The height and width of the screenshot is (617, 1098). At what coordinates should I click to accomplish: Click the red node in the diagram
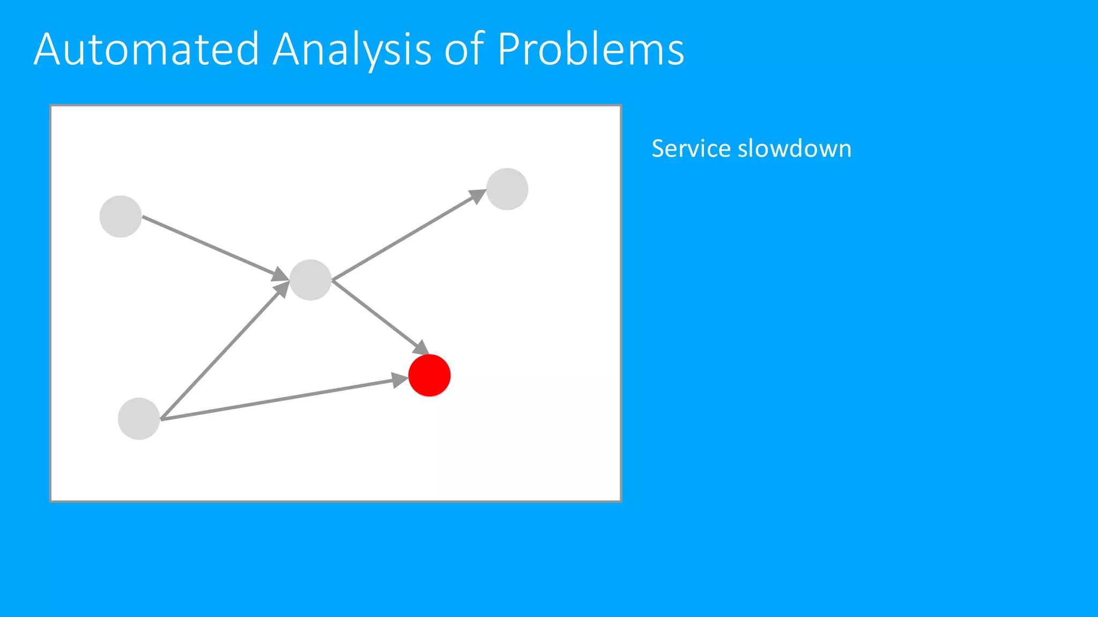pyautogui.click(x=429, y=375)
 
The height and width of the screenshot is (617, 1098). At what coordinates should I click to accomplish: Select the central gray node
pyautogui.click(x=310, y=280)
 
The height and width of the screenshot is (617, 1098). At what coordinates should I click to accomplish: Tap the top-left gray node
pyautogui.click(x=121, y=216)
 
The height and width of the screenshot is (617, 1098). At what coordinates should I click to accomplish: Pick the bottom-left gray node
pyautogui.click(x=139, y=419)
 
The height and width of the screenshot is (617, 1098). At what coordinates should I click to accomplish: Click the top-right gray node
pyautogui.click(x=507, y=189)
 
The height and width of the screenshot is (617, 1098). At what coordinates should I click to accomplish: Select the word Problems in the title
pyautogui.click(x=590, y=49)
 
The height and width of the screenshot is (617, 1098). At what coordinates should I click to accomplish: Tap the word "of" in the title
pyautogui.click(x=464, y=49)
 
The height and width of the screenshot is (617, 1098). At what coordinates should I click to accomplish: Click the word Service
pyautogui.click(x=691, y=148)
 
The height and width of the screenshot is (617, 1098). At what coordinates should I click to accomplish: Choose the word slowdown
pyautogui.click(x=795, y=148)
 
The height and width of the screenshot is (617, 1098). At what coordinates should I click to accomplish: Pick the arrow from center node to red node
pyautogui.click(x=375, y=313)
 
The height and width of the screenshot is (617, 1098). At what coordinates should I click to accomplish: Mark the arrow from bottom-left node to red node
pyautogui.click(x=279, y=399)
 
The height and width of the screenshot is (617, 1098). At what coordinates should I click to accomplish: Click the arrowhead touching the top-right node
pyautogui.click(x=477, y=196)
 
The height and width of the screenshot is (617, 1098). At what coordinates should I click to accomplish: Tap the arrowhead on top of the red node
pyautogui.click(x=421, y=347)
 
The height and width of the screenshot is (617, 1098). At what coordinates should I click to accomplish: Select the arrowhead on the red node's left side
pyautogui.click(x=399, y=381)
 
